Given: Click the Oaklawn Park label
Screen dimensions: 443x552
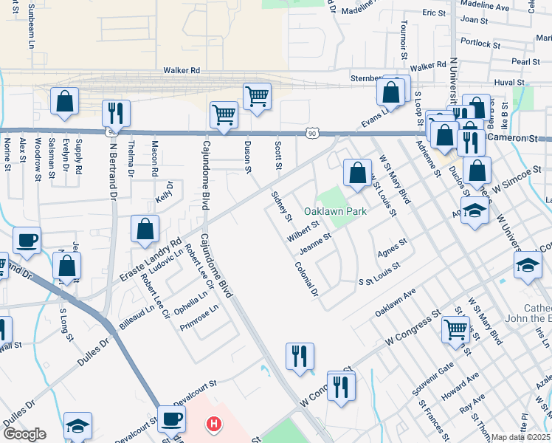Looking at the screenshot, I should (336, 211).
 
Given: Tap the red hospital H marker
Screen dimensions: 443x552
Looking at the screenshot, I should (213, 424).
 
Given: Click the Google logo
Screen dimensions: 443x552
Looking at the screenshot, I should (24, 434).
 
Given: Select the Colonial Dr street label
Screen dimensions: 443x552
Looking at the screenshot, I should (306, 280).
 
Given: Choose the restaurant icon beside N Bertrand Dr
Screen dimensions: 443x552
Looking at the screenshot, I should (116, 113).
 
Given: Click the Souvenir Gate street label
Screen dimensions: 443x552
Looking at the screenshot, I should (436, 378).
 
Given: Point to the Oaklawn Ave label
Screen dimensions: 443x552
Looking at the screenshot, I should (396, 303).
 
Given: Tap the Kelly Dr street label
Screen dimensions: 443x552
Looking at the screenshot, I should (165, 193).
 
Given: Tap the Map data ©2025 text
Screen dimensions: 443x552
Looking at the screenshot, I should (521, 437).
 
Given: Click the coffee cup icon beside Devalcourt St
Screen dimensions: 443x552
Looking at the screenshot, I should (171, 418).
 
